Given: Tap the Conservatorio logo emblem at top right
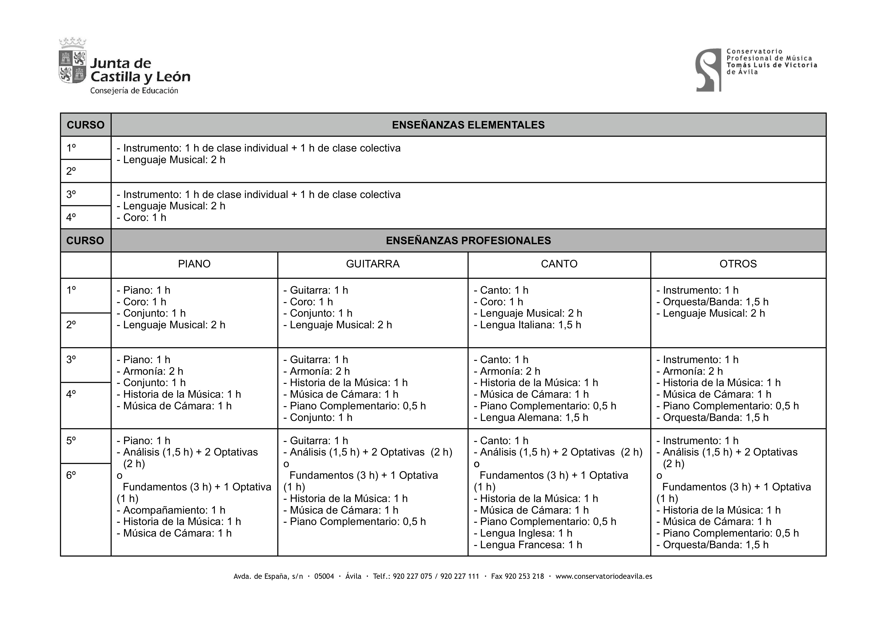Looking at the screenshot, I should pos(708,70).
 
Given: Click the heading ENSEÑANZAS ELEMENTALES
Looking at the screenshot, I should pos(468,125).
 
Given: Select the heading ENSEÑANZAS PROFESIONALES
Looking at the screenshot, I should pos(468,241).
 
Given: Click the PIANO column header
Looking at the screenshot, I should pos(194,264).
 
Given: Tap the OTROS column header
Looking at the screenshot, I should pos(738,264).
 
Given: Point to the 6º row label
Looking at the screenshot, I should pos(71,475).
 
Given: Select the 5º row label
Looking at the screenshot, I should pos(71,440).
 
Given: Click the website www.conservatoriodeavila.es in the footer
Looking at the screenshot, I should pos(604,576).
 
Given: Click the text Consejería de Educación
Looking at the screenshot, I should pos(134,91).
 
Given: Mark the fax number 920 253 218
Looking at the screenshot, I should pos(524,576).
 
